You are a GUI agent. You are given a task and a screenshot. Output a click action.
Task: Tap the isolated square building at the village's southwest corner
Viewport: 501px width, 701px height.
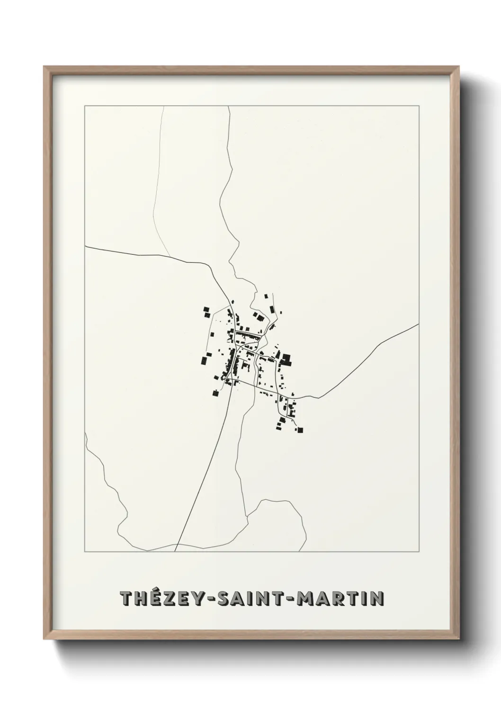coord(215,393)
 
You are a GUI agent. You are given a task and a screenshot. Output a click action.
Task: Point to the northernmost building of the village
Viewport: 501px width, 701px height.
coord(266,296)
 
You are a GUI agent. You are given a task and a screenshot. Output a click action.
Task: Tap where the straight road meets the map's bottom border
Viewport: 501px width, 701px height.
coord(175,551)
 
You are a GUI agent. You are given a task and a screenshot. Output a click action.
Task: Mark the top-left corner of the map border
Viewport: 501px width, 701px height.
coord(85,106)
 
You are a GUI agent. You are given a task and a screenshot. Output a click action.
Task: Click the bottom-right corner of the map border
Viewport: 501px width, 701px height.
coord(419,552)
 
